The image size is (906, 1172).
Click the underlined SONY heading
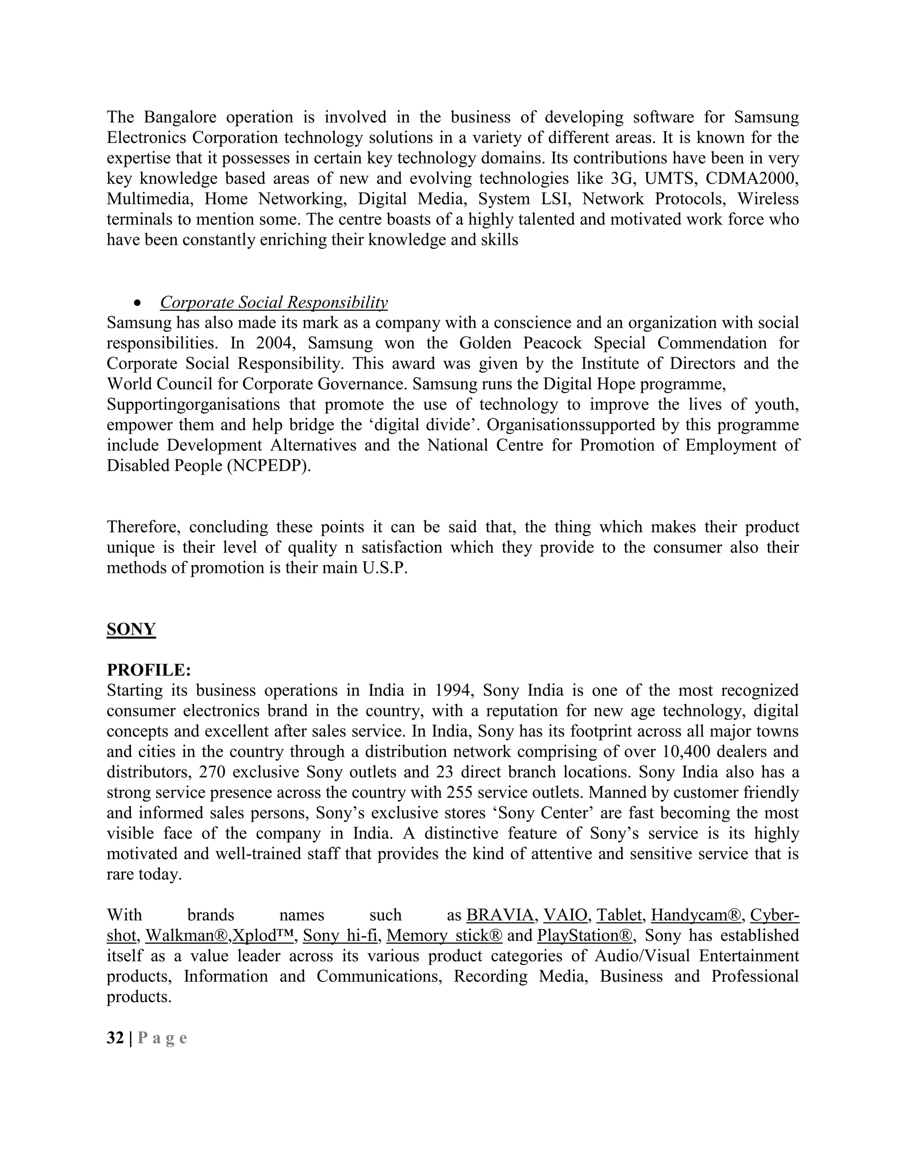click(131, 629)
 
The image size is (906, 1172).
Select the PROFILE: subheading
click(149, 670)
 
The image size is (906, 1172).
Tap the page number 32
click(115, 1038)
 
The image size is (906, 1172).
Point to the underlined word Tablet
click(619, 915)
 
